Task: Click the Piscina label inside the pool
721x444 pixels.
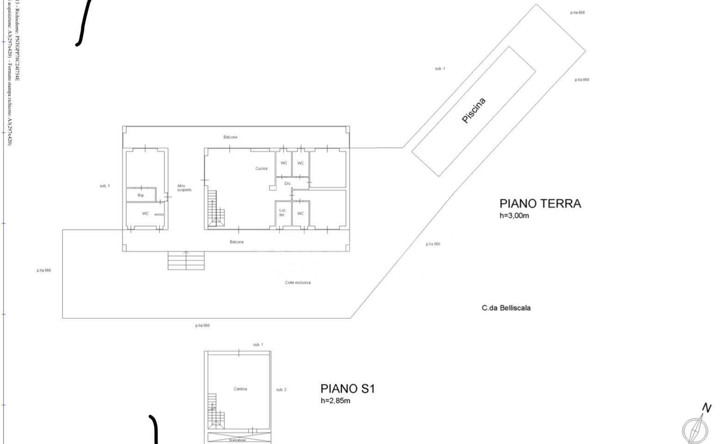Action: coord(474,111)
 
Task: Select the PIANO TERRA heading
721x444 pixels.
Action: coord(540,203)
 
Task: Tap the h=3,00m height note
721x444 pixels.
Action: coord(514,216)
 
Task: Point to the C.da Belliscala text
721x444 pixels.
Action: coord(506,308)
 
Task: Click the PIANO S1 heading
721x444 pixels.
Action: coord(347,388)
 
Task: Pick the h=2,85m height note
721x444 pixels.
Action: coord(335,401)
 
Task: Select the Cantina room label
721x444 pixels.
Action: coord(240,389)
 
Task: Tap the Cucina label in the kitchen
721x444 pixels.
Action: coord(261,168)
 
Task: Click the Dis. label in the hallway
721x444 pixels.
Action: coord(288,184)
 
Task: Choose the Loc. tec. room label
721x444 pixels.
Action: coord(283,213)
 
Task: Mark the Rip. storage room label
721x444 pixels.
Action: coord(141,196)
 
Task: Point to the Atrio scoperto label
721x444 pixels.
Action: coord(184,188)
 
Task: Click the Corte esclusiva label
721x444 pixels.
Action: coord(297,283)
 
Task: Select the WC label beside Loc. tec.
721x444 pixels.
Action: coord(301,214)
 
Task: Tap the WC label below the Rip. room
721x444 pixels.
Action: coord(146,214)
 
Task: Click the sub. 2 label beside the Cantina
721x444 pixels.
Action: coord(281,390)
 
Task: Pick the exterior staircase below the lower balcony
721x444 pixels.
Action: coord(186,261)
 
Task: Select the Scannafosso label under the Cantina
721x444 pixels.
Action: coord(238,440)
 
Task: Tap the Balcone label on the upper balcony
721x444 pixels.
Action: coord(230,137)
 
